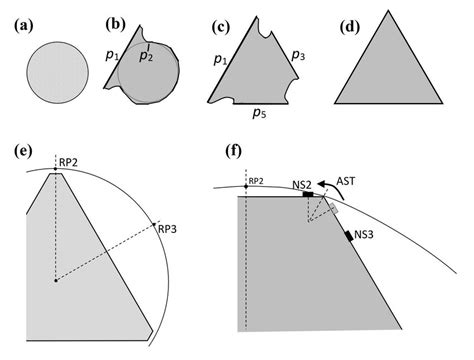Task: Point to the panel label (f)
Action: point(236,152)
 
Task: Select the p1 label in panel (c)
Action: point(219,61)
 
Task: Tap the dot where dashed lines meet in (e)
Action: point(55,280)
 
